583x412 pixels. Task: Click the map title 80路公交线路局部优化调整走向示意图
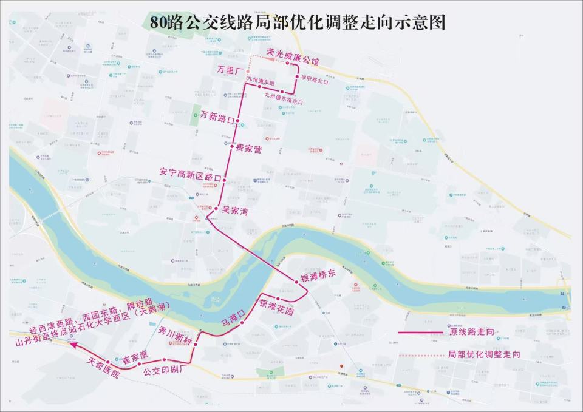point(298,22)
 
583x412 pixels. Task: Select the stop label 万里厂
point(230,70)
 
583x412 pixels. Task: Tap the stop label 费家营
point(249,149)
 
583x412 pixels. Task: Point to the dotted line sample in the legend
point(420,354)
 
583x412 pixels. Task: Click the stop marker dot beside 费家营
point(232,146)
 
